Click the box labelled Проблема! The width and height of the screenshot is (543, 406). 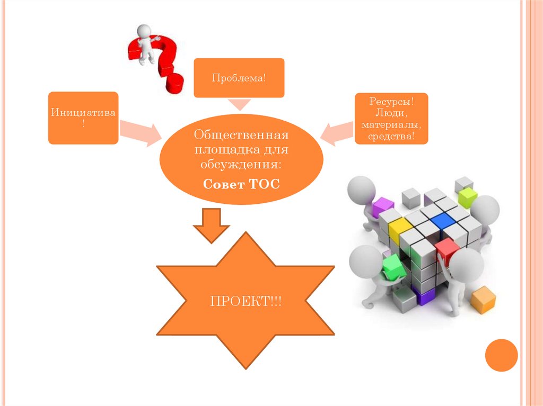(239, 78)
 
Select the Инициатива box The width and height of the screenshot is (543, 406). (83, 118)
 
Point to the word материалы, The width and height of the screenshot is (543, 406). (392, 125)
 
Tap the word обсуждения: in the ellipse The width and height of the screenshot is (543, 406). (241, 164)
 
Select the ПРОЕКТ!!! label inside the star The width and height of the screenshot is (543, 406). (246, 302)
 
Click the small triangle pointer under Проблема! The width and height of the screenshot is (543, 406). (239, 104)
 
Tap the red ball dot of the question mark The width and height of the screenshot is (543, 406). (174, 84)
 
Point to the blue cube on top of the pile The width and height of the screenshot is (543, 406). (443, 221)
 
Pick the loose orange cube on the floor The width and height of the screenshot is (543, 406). (483, 300)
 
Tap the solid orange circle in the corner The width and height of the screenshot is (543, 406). (501, 355)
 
